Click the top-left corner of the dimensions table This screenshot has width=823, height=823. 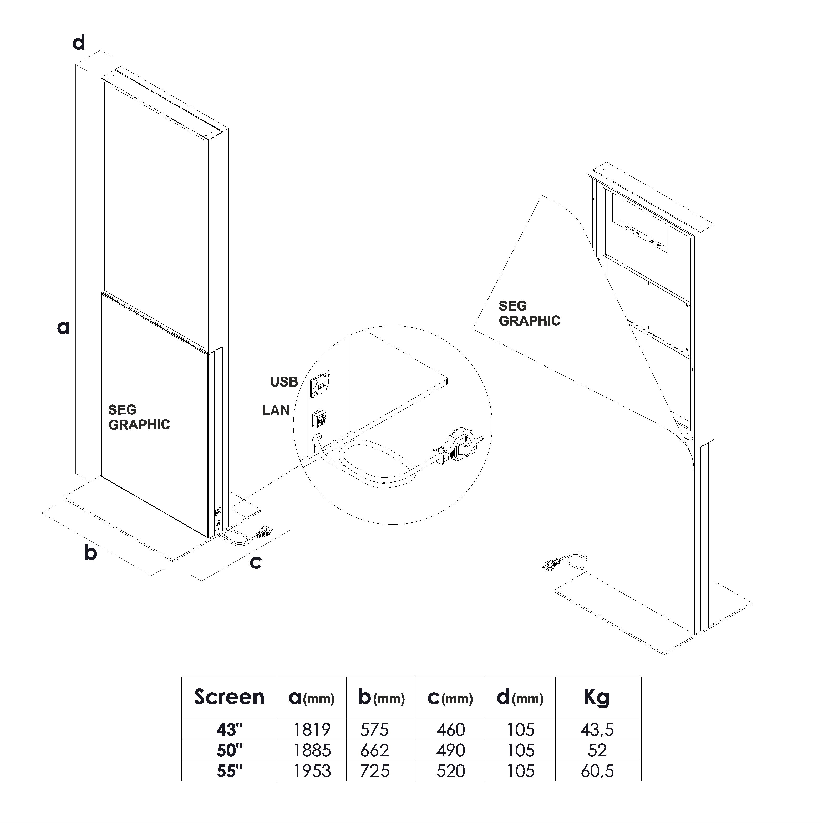182,677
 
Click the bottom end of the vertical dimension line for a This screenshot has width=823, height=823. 75,474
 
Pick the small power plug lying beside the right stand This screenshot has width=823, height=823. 551,565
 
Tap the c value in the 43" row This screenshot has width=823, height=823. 451,730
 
